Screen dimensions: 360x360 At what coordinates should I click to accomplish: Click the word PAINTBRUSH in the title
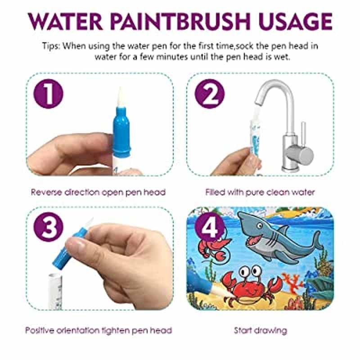click(174, 22)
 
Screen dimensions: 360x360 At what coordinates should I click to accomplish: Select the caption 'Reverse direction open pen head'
click(98, 192)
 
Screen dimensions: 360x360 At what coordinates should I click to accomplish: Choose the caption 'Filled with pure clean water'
click(260, 192)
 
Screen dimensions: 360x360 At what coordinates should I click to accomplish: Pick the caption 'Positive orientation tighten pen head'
click(98, 330)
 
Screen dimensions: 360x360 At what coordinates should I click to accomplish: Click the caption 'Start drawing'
click(260, 330)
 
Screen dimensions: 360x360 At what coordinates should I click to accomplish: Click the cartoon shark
click(274, 236)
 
